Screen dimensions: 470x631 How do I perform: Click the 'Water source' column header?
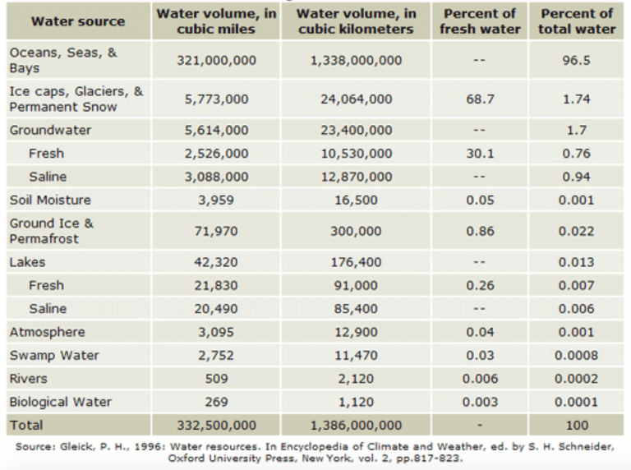coord(78,21)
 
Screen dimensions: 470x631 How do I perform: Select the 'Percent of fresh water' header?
coord(480,21)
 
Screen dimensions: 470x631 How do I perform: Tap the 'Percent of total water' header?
coord(576,21)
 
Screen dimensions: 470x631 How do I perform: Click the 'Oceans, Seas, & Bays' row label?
coord(63,60)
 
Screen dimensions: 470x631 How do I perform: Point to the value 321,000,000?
coord(217,61)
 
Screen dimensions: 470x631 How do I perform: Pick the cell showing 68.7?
coord(480,99)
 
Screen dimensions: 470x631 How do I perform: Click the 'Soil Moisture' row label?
coord(50,200)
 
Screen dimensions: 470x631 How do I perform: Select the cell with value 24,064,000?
coord(357,99)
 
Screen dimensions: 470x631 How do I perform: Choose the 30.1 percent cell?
coord(480,154)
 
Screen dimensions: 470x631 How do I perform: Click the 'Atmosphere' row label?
coord(47,332)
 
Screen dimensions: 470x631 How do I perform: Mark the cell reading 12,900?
coord(357,333)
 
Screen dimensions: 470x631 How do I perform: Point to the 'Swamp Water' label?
coord(54,356)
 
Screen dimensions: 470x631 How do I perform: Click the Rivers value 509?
coord(217,380)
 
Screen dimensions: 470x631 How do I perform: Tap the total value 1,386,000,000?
coord(357,426)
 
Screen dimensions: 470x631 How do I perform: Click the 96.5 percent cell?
coord(576,61)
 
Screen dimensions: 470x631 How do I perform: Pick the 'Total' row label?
coord(26,426)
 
